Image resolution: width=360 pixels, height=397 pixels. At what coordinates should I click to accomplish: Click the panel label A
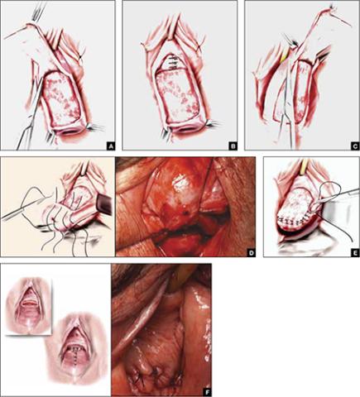tap(111, 146)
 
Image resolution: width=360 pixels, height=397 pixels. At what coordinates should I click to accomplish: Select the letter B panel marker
tap(233, 146)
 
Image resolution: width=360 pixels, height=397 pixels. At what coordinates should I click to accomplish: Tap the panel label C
tap(355, 146)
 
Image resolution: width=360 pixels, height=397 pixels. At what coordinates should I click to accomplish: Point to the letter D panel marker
tap(251, 252)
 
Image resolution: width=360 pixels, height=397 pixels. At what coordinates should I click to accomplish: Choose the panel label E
tap(355, 252)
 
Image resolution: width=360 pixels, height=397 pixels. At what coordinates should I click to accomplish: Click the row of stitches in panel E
tap(293, 221)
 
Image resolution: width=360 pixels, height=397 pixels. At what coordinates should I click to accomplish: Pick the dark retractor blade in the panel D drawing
tap(103, 203)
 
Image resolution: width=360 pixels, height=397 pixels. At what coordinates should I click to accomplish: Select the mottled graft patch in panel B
tap(177, 97)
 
